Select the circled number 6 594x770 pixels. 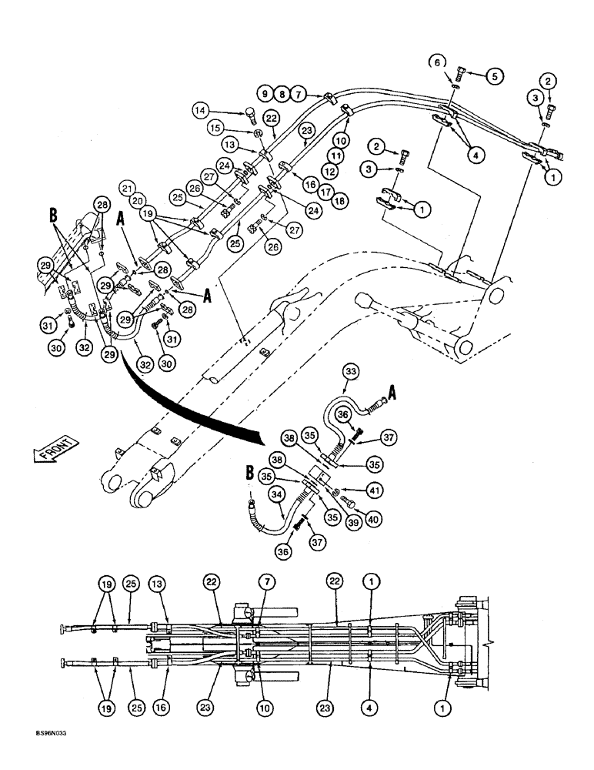coord(456,62)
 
